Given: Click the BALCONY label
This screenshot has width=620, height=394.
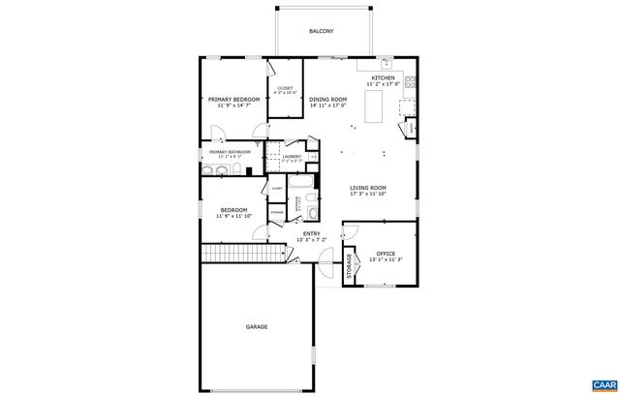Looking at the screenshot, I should (322, 32).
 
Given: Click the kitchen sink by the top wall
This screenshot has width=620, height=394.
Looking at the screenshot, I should (386, 65).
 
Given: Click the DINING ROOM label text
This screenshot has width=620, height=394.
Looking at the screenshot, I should (328, 99).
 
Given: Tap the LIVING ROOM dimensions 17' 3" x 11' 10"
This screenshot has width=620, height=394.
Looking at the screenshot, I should (368, 195).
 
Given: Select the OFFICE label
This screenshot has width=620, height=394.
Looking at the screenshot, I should (386, 254).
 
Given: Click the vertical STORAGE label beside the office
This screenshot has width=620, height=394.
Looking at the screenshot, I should (350, 266).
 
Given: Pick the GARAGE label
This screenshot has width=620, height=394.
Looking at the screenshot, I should (257, 327).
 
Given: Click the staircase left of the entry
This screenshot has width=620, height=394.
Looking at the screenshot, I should (245, 254).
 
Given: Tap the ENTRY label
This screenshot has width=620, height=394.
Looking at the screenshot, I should (311, 233).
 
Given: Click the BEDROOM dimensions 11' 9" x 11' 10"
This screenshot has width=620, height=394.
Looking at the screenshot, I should (232, 217).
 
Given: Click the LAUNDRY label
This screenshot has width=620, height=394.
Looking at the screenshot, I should (292, 156).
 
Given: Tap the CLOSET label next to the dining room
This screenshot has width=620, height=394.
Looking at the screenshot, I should (286, 89).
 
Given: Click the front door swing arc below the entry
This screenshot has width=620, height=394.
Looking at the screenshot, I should (325, 256).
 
